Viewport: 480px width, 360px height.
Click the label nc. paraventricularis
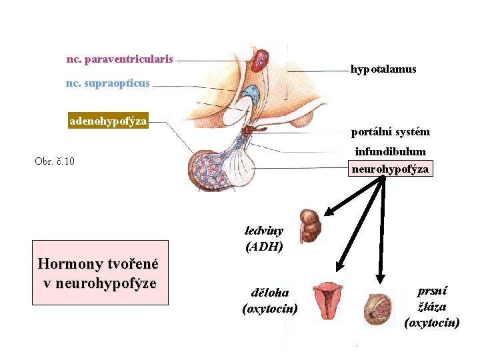point(120,59)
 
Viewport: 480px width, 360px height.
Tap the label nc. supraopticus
point(108,83)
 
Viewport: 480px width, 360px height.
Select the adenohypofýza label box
point(108,121)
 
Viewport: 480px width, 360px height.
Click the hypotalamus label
point(383,69)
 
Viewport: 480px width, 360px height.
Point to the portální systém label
point(391,131)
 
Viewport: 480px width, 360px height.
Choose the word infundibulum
point(390,151)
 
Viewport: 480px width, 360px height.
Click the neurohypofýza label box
point(391,169)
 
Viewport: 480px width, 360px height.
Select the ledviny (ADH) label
point(264,239)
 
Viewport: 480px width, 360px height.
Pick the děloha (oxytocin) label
point(270,301)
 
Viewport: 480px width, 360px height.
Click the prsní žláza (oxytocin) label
point(432,307)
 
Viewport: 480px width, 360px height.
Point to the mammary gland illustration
point(377,309)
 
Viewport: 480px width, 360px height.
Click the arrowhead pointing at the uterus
point(337,265)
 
